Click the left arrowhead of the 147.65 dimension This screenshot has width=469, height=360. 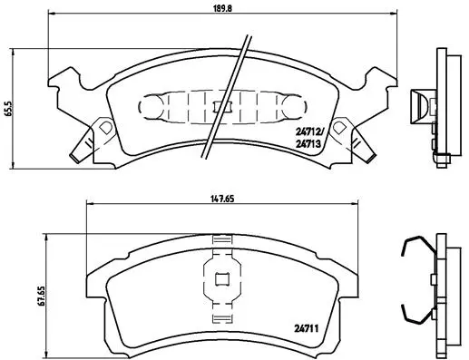click(x=88, y=208)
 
